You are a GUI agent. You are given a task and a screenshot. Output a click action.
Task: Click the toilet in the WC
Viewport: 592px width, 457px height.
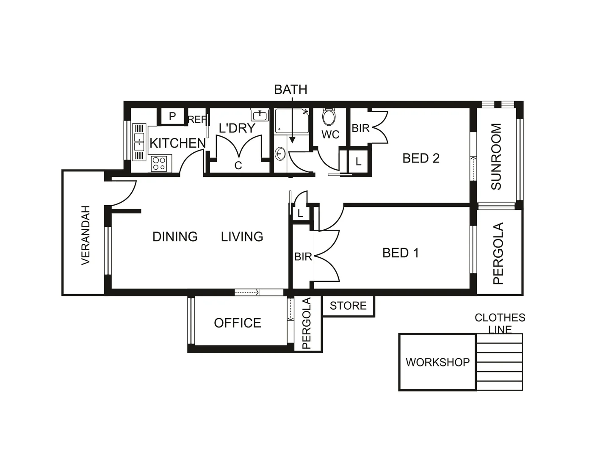coord(329,117)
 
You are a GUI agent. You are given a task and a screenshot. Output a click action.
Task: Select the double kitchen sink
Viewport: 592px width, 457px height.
coord(139,142)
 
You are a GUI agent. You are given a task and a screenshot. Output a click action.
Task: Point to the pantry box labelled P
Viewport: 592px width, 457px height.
coord(172,116)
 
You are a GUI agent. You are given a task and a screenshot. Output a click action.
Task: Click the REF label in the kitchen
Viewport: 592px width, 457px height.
coord(197,120)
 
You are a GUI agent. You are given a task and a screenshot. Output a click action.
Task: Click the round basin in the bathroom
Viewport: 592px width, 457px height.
coord(280,153)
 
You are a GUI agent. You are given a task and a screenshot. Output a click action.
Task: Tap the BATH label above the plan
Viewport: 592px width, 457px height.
coord(290,90)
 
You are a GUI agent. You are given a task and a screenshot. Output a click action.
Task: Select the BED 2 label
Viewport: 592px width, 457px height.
coord(421,158)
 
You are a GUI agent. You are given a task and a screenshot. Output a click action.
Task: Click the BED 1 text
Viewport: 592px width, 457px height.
coord(401,253)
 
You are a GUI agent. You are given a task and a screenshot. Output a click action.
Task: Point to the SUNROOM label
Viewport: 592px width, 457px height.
coord(496,157)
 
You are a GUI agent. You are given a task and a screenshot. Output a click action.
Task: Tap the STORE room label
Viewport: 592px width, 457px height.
coord(348,306)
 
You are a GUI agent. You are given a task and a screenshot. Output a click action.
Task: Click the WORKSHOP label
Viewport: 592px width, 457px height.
coord(437,362)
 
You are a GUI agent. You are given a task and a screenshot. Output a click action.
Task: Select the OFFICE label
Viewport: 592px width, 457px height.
coord(238,323)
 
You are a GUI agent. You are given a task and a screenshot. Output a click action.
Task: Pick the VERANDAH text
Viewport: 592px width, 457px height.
coord(86,235)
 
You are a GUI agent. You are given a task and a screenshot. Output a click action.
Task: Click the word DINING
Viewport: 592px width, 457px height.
coord(175,237)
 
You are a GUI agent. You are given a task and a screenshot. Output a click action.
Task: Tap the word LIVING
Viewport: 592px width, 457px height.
coord(242,237)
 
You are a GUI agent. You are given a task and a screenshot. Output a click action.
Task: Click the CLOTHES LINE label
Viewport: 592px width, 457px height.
coord(500,323)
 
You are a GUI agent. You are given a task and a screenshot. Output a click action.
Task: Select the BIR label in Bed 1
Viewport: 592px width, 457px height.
coord(303,256)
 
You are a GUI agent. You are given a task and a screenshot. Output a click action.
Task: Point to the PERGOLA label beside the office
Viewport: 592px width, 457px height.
coord(307,323)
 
